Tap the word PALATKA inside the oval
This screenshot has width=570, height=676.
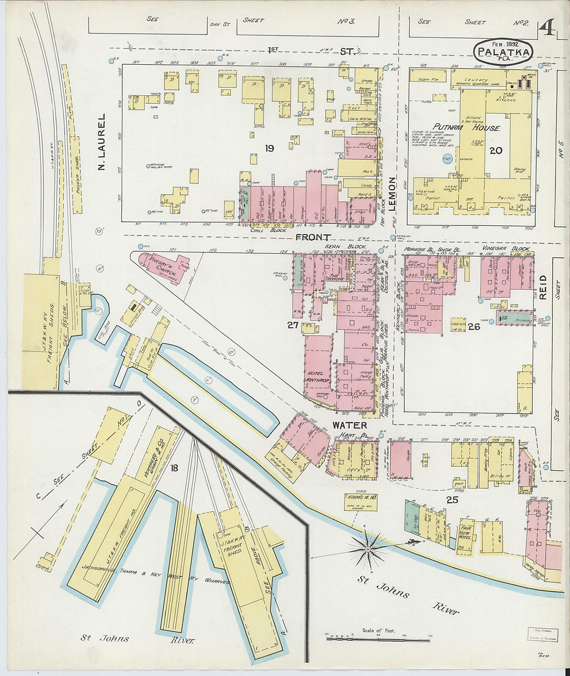click(x=503, y=52)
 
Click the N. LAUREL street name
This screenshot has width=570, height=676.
click(x=102, y=142)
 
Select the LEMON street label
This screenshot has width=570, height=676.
click(x=392, y=194)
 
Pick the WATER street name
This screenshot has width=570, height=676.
click(x=350, y=425)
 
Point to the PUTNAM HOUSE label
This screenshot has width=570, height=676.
click(x=466, y=127)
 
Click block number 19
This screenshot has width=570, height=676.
click(x=269, y=149)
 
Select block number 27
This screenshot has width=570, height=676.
click(x=293, y=325)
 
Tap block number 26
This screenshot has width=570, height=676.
click(x=473, y=326)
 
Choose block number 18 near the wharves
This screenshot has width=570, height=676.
click(x=174, y=468)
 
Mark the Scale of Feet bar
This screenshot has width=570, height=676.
click(x=378, y=638)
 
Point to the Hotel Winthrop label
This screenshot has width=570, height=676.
click(x=316, y=377)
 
